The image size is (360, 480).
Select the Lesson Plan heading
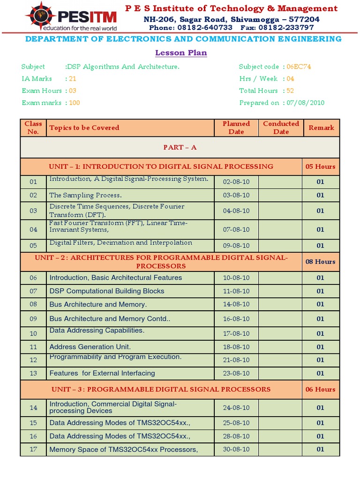(180, 52)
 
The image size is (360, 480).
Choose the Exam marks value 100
(75, 103)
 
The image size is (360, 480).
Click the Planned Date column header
(236, 127)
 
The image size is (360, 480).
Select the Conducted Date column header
(281, 127)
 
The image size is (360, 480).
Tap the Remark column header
(321, 127)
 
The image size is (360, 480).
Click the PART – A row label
(180, 147)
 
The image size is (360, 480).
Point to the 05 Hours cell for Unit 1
(320, 166)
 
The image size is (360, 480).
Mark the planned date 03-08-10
(236, 195)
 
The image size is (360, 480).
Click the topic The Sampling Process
(85, 195)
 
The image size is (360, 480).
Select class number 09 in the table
(33, 319)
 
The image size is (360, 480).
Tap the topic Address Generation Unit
(90, 347)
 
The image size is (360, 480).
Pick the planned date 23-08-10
(236, 373)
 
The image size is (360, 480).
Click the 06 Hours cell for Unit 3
(320, 389)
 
